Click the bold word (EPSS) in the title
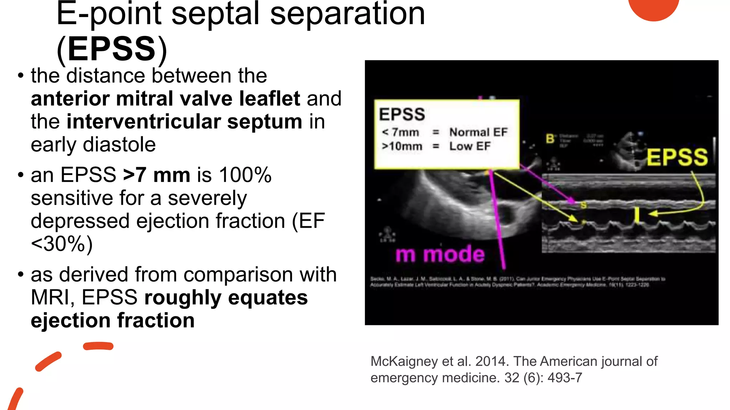(112, 49)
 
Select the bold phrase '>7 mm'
(156, 175)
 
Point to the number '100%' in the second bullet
(245, 175)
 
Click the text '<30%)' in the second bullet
(62, 244)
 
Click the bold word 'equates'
(268, 298)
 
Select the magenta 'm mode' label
(440, 254)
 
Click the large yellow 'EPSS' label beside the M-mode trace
(677, 158)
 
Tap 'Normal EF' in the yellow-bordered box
(478, 132)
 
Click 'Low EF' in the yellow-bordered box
(470, 146)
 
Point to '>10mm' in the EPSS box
(402, 146)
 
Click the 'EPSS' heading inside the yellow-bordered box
(402, 115)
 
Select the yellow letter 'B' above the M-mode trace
(550, 139)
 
